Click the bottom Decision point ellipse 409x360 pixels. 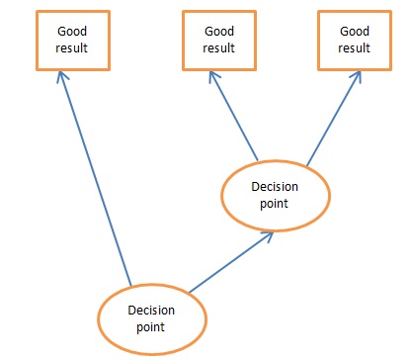pyautogui.click(x=151, y=317)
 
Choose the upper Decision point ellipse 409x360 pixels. pyautogui.click(x=275, y=194)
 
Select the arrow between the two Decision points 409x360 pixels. pyautogui.click(x=229, y=262)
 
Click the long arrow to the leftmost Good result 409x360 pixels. pyautogui.click(x=95, y=178)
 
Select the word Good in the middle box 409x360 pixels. pyautogui.click(x=219, y=32)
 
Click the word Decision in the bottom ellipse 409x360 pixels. pyautogui.click(x=151, y=310)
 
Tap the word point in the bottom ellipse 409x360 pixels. pyautogui.click(x=151, y=325)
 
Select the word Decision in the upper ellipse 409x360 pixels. pyautogui.click(x=275, y=186)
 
